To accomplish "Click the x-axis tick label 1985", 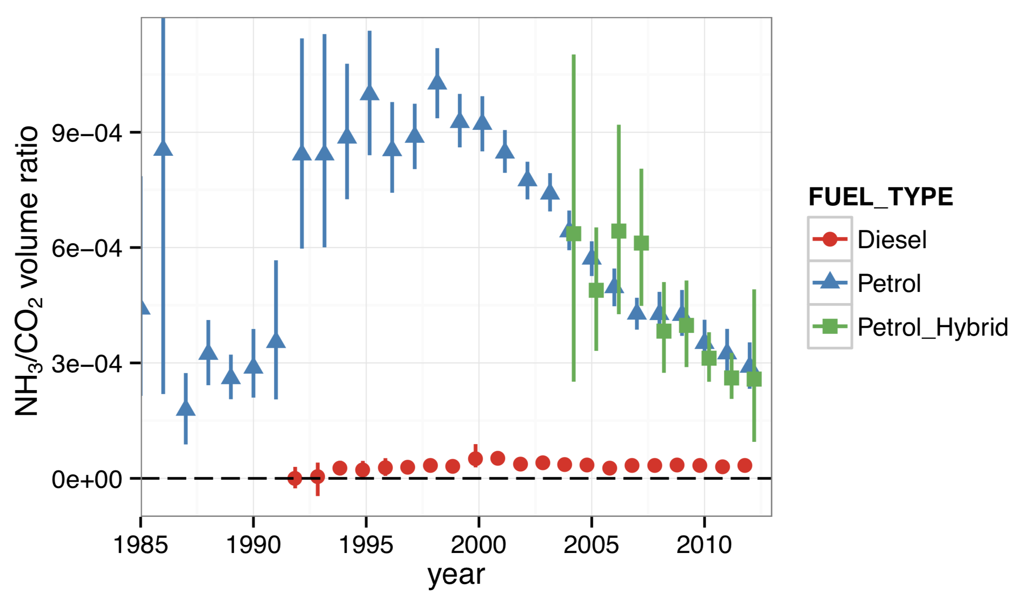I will click(141, 545).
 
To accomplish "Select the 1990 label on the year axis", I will click(253, 545).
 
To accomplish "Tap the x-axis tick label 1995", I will click(366, 545).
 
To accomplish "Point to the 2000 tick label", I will click(479, 545).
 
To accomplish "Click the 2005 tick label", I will click(591, 545).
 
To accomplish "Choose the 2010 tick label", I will click(704, 545).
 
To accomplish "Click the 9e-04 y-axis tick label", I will click(87, 133).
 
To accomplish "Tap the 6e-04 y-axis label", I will click(87, 248).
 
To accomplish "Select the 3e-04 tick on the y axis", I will click(87, 364).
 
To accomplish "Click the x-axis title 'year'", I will click(456, 575).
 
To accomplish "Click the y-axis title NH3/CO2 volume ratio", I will click(28, 270).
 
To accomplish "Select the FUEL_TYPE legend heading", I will click(881, 197).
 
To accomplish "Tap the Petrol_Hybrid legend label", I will click(933, 327).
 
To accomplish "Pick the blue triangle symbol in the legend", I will click(830, 282).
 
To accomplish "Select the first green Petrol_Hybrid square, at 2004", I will click(574, 233).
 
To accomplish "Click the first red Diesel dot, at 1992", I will click(295, 478).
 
